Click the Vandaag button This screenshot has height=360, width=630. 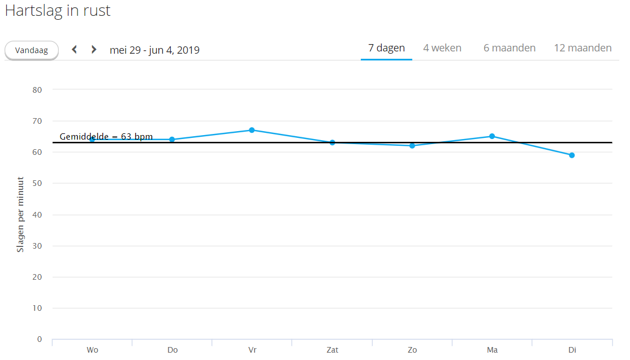tap(32, 50)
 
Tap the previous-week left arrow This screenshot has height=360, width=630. tap(74, 50)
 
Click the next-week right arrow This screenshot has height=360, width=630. tap(94, 50)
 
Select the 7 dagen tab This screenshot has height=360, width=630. tap(386, 48)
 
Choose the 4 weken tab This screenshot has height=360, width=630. tap(442, 48)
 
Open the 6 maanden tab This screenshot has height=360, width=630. tap(509, 48)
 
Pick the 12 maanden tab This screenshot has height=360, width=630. tap(582, 48)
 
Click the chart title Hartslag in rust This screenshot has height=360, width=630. tap(58, 11)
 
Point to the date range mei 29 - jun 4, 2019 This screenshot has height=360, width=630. tap(154, 50)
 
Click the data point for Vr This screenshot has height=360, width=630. tap(252, 130)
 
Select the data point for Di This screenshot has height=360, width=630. tap(572, 155)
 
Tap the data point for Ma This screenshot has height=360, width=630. tap(492, 136)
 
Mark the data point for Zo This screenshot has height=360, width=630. tap(412, 146)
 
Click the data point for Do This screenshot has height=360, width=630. tap(172, 140)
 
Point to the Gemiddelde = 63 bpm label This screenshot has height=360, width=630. tap(106, 137)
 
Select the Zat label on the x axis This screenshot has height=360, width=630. tap(332, 350)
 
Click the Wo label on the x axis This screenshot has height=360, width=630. tap(92, 350)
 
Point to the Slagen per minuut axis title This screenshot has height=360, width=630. tap(20, 215)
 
